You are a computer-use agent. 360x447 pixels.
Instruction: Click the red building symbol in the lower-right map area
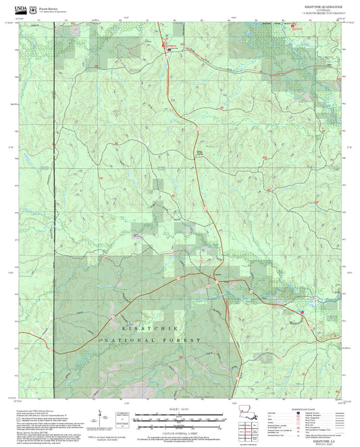pos(301,311)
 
